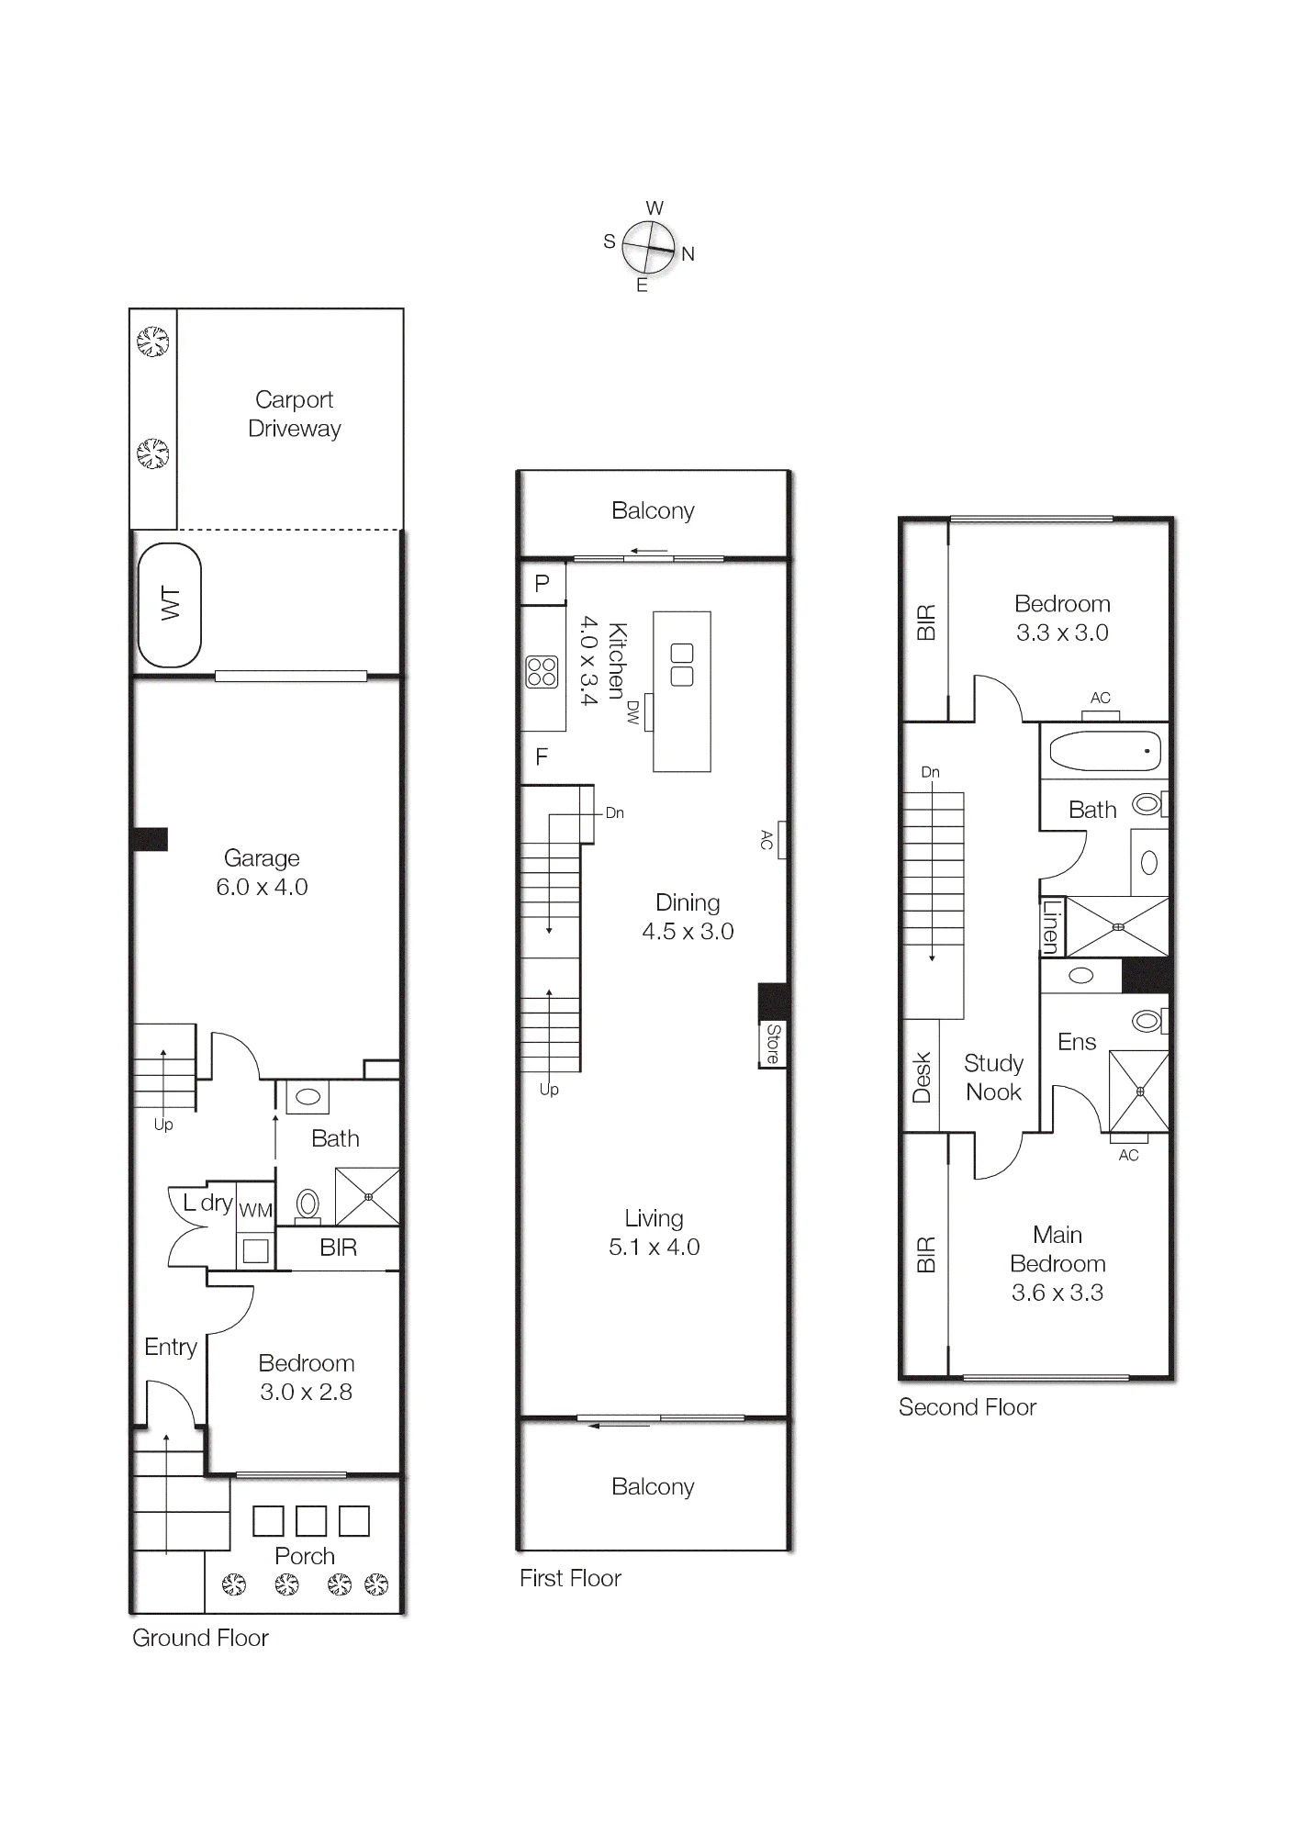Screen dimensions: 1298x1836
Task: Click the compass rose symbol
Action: pyautogui.click(x=648, y=247)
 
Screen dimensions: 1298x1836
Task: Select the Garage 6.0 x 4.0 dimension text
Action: pyautogui.click(x=262, y=888)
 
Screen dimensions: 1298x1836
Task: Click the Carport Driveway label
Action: pyautogui.click(x=295, y=414)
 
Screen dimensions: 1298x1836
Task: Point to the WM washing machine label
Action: pyautogui.click(x=255, y=1211)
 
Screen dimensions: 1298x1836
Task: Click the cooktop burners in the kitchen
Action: pyautogui.click(x=542, y=672)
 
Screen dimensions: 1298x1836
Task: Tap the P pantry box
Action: pyautogui.click(x=543, y=583)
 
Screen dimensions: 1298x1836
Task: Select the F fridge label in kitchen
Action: pyautogui.click(x=542, y=756)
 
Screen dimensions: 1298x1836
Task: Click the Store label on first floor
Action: pyautogui.click(x=773, y=1044)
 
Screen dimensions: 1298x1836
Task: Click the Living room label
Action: pyautogui.click(x=654, y=1218)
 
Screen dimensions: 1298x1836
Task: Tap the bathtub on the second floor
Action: pyautogui.click(x=1104, y=751)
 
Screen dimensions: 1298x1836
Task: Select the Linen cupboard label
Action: pyautogui.click(x=1052, y=926)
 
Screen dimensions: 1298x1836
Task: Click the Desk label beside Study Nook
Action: pyautogui.click(x=922, y=1077)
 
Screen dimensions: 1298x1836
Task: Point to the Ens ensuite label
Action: pyautogui.click(x=1077, y=1042)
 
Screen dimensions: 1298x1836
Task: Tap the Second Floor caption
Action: pyautogui.click(x=968, y=1407)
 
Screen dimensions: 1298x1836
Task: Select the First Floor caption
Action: pyautogui.click(x=570, y=1578)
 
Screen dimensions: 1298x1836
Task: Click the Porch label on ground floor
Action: pyautogui.click(x=305, y=1556)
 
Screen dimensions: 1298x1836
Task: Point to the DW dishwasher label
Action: pyautogui.click(x=632, y=712)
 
